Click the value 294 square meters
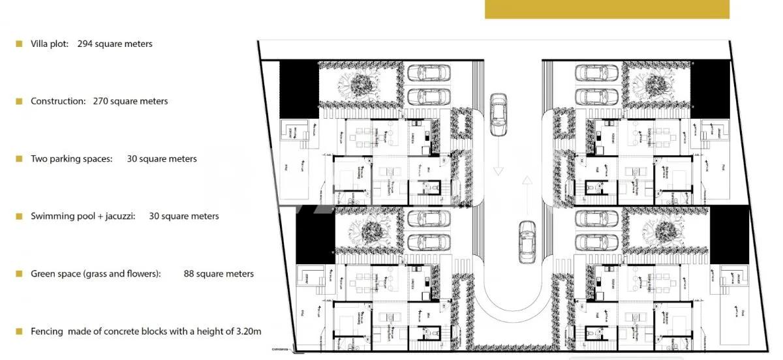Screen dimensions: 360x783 click(x=115, y=44)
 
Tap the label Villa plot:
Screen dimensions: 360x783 click(x=50, y=44)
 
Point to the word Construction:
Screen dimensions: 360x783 click(x=58, y=101)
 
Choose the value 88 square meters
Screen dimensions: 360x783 click(x=219, y=274)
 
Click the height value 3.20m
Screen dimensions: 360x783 click(x=249, y=331)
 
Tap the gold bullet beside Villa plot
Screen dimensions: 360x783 click(x=19, y=44)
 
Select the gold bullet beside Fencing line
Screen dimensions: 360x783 click(x=19, y=331)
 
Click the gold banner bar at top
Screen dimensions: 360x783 click(x=607, y=9)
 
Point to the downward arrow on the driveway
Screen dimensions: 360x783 click(x=499, y=166)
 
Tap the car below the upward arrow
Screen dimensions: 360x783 click(x=527, y=241)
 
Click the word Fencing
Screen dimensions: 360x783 click(x=47, y=331)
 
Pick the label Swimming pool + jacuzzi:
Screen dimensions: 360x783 click(x=83, y=216)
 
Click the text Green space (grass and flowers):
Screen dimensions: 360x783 click(x=95, y=274)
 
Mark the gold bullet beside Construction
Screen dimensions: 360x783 click(x=19, y=101)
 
